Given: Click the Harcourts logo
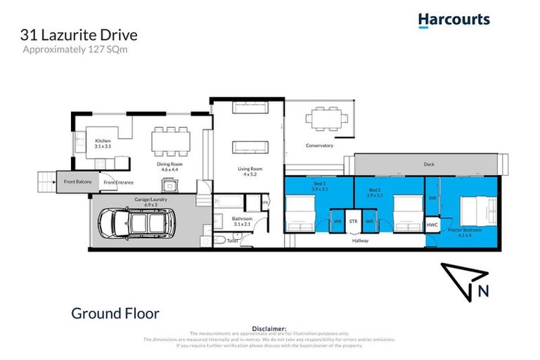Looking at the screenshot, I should [454, 20].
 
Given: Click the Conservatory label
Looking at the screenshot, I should [319, 146].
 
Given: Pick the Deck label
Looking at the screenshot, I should [429, 164].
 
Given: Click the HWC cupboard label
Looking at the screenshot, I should [432, 224].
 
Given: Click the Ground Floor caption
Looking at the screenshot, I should [115, 313].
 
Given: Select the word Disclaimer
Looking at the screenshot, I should [269, 328].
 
